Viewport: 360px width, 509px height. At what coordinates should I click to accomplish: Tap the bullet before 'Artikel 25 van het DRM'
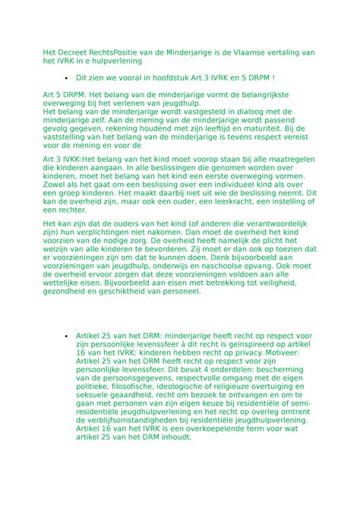(68, 335)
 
